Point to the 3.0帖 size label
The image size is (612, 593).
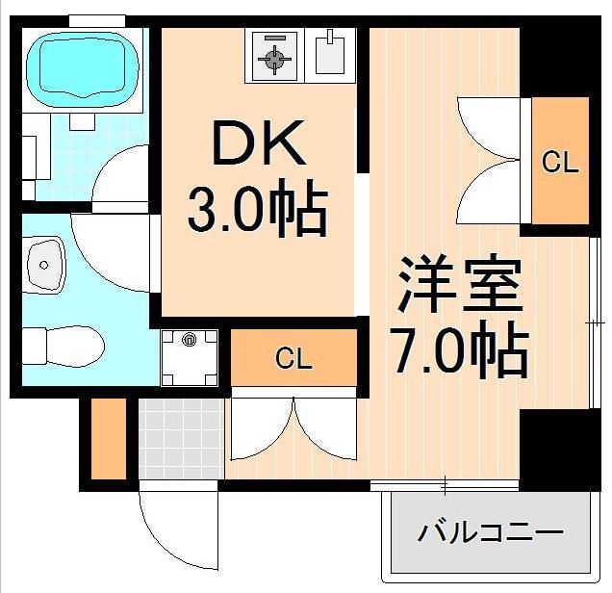click(x=257, y=211)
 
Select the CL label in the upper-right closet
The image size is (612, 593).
click(x=560, y=162)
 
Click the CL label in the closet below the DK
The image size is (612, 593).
click(x=293, y=359)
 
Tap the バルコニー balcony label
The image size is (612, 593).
click(x=490, y=531)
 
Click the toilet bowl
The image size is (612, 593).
click(x=64, y=344)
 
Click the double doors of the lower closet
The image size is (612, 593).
click(x=293, y=425)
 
